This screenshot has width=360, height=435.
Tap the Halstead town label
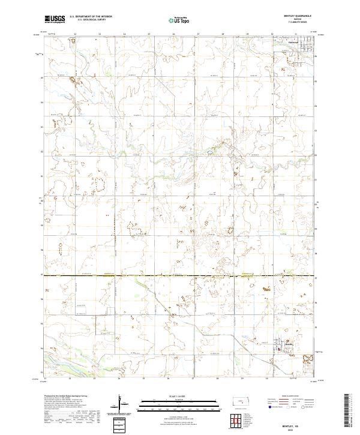(281, 43)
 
